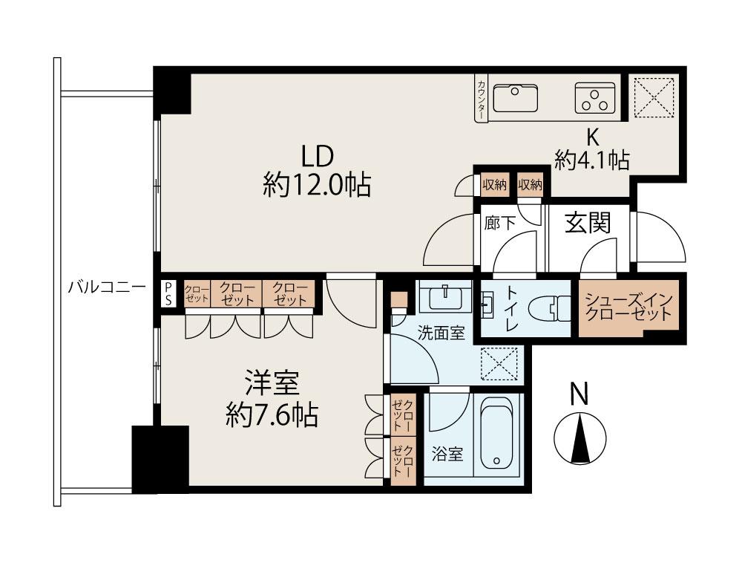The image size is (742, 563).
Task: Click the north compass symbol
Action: (x=580, y=438)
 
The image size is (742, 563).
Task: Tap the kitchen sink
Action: (x=516, y=98)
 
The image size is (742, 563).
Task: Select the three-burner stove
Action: (x=595, y=98)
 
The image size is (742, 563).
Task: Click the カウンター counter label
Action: (x=482, y=99)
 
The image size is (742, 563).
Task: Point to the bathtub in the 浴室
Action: (x=496, y=434)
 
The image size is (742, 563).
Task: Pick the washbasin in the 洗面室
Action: (x=445, y=296)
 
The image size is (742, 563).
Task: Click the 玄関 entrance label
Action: (x=588, y=223)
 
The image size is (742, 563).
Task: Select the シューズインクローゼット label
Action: (x=628, y=307)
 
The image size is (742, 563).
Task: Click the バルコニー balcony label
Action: (x=107, y=287)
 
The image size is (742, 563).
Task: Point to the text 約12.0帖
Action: (x=317, y=185)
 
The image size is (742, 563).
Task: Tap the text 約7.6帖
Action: (x=272, y=414)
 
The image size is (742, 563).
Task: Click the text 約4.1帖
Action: (x=592, y=160)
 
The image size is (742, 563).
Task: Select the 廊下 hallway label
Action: (x=499, y=223)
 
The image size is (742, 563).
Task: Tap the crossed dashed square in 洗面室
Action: (x=499, y=364)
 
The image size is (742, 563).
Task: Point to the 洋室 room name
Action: (x=272, y=383)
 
